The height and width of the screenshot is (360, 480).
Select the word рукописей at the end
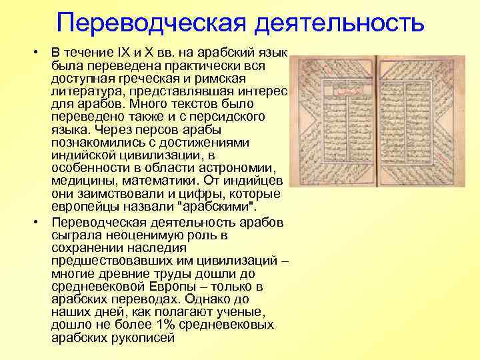pyautogui.click(x=145, y=338)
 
